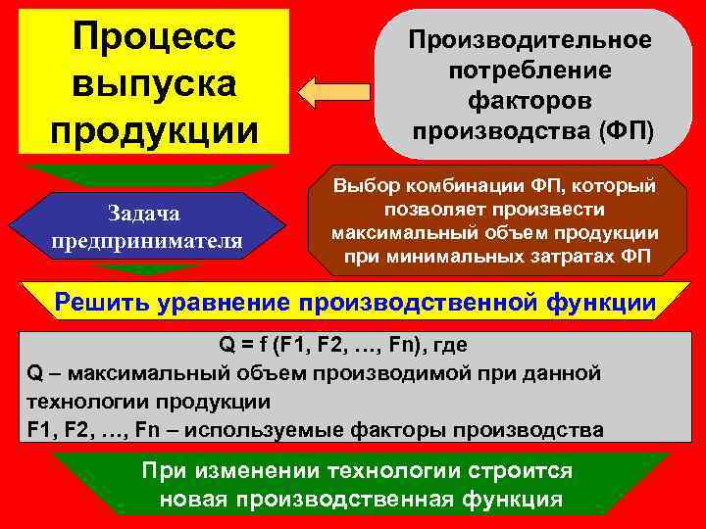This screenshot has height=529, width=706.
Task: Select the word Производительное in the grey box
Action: click(529, 41)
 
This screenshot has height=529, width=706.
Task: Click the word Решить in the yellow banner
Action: click(95, 304)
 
